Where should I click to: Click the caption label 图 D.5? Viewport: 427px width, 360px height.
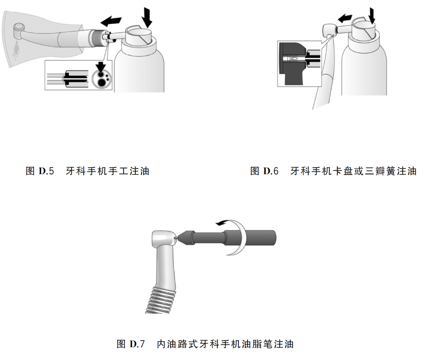pyautogui.click(x=42, y=171)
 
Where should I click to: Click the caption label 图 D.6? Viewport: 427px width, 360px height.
pyautogui.click(x=265, y=171)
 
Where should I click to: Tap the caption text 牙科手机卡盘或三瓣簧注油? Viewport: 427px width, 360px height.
pyautogui.click(x=353, y=171)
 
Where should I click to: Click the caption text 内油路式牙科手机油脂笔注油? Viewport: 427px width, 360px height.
pyautogui.click(x=225, y=343)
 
